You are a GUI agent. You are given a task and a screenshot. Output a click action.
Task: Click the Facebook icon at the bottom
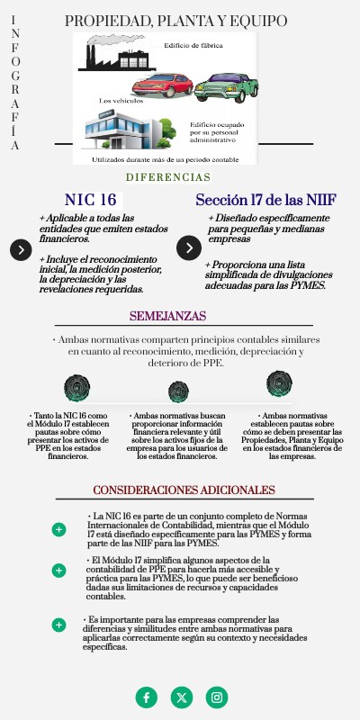click(146, 697)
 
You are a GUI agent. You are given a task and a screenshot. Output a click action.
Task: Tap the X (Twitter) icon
click(182, 697)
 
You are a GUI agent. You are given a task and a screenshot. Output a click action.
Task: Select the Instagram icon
click(217, 697)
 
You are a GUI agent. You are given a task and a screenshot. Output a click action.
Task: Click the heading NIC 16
click(91, 200)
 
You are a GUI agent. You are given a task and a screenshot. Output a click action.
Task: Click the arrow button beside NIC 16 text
click(21, 249)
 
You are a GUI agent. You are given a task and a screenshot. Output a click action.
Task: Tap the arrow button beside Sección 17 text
click(189, 248)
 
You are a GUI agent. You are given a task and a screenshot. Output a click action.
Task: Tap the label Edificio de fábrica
click(193, 44)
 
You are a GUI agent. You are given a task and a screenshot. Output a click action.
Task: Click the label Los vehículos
click(120, 101)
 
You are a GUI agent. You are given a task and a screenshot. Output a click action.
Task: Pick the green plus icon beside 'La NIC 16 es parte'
click(59, 529)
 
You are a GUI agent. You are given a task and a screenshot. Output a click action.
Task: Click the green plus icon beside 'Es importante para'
click(59, 625)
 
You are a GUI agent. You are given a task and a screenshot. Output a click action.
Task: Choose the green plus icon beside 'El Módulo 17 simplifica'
click(59, 570)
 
